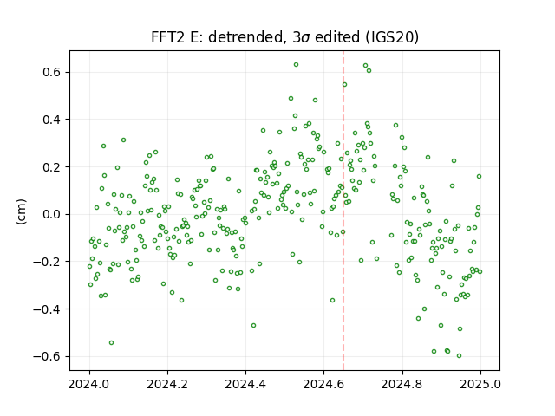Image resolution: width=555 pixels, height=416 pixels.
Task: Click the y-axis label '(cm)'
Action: point(21,211)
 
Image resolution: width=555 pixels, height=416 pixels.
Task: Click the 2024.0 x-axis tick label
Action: point(89,384)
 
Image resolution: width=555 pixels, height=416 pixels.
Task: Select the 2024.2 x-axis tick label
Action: point(167,384)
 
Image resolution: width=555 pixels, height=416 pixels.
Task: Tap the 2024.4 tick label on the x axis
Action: point(245,384)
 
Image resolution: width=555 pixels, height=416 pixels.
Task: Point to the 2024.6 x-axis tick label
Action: point(323,384)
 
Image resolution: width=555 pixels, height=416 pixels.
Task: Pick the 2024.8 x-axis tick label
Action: point(402,384)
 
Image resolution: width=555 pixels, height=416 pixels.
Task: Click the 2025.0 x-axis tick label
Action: point(480,384)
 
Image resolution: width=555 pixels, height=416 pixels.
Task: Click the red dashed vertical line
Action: point(343,211)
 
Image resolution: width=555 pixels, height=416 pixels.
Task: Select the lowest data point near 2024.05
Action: point(111,343)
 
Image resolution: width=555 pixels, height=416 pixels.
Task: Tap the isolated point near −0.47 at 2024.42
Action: point(253,326)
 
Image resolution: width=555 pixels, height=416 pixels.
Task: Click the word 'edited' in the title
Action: point(337,37)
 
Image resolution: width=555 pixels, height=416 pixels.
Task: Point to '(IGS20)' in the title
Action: point(392,37)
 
